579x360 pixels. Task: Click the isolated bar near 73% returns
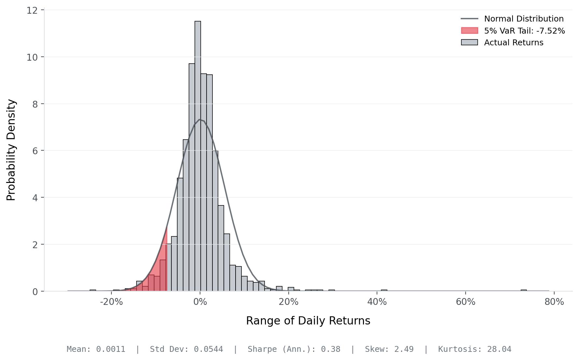click(524, 290)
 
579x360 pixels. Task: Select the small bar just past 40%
click(384, 290)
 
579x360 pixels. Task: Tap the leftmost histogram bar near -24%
click(93, 290)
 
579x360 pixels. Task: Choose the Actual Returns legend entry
click(514, 42)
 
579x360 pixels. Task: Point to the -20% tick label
click(111, 302)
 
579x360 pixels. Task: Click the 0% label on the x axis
click(200, 302)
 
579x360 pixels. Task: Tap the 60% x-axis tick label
click(466, 302)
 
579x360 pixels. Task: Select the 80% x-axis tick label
click(554, 302)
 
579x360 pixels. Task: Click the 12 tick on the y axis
click(32, 10)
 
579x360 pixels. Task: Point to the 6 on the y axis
click(35, 151)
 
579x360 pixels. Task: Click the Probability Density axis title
click(11, 150)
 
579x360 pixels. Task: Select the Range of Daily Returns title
click(308, 321)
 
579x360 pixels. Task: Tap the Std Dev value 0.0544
click(208, 349)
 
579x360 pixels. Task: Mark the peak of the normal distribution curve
click(200, 120)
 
